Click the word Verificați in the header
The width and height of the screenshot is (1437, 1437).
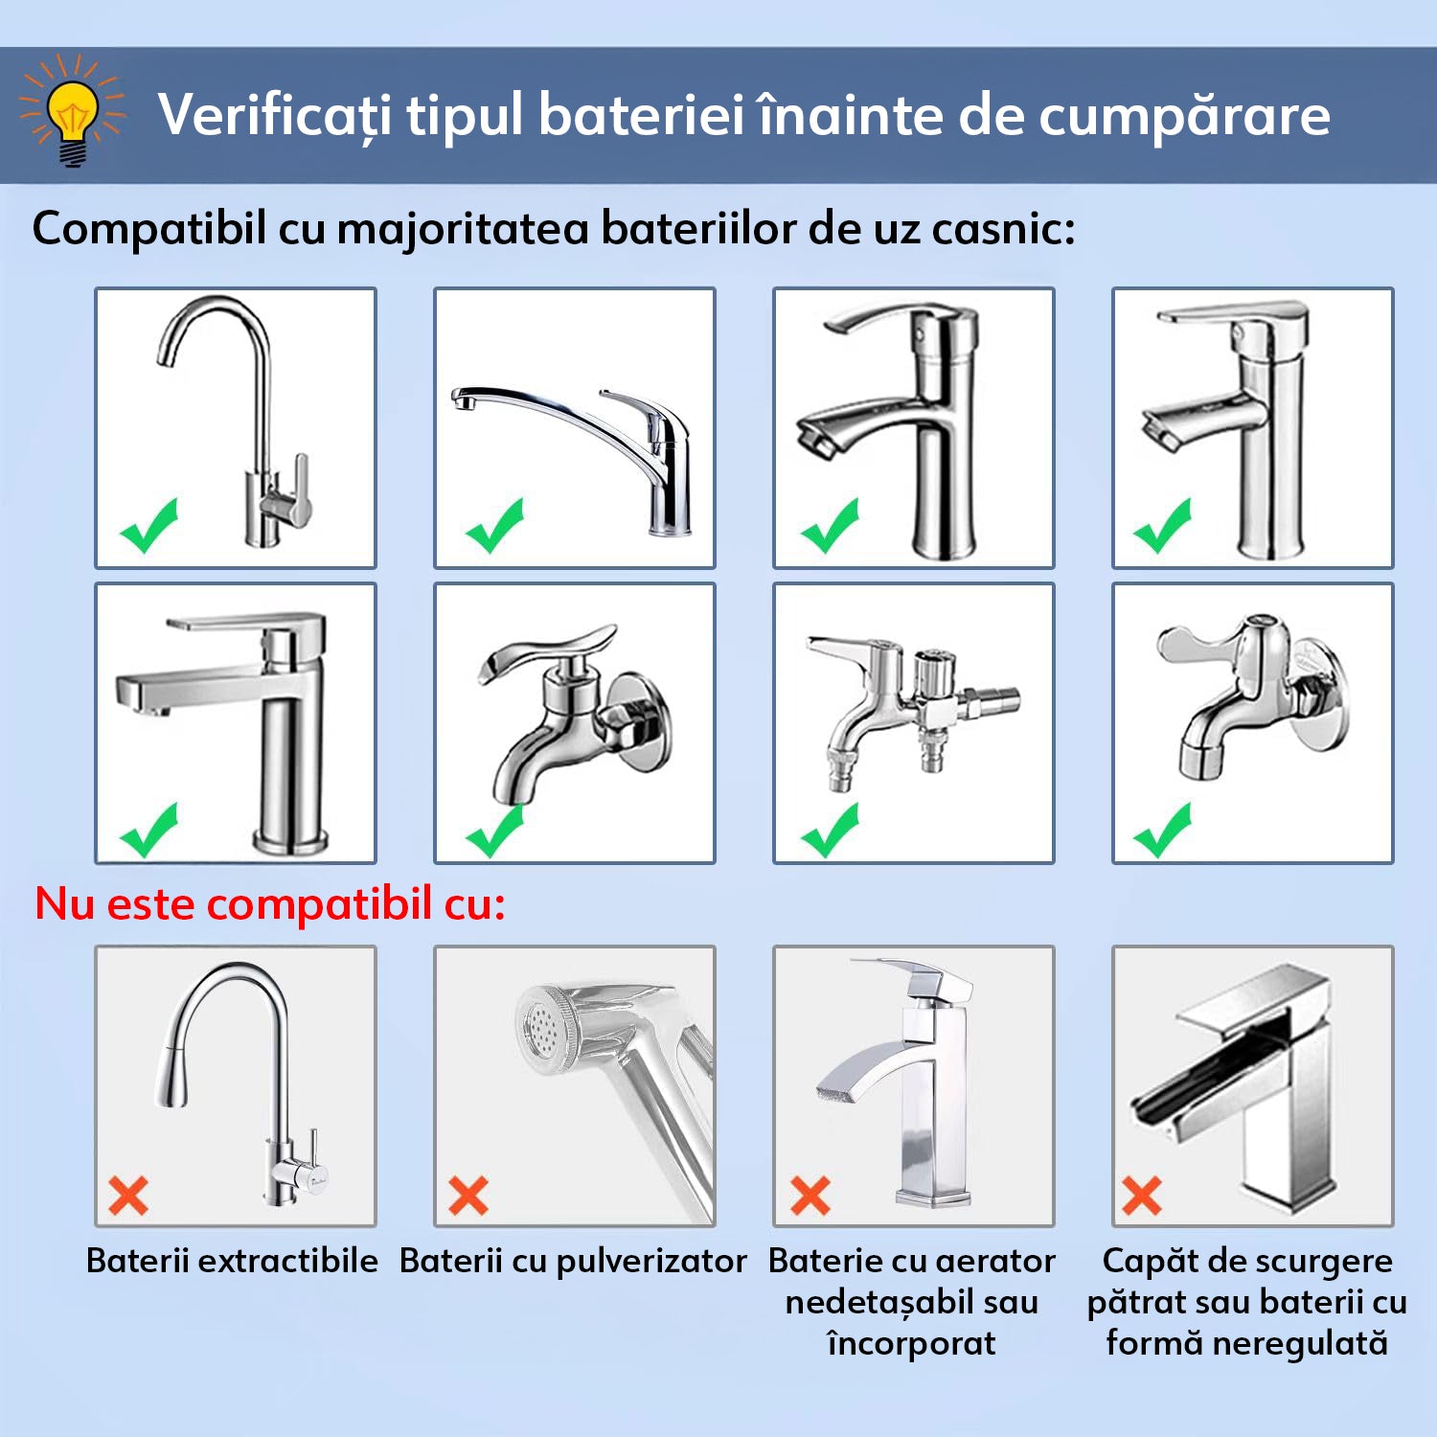[x=275, y=116]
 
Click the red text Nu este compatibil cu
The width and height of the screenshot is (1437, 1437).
[x=270, y=903]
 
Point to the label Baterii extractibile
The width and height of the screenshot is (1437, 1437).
[x=232, y=1261]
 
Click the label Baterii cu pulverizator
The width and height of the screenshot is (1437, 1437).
[x=573, y=1261]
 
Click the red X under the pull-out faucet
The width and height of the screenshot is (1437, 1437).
[x=128, y=1196]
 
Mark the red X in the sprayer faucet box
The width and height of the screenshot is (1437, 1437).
[x=468, y=1196]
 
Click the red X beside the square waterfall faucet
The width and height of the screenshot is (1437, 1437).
[x=1142, y=1196]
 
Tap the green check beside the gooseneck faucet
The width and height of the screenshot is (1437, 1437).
[x=148, y=526]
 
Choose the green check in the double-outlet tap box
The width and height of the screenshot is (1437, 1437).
[x=830, y=830]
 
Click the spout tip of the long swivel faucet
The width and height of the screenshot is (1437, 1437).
[x=464, y=399]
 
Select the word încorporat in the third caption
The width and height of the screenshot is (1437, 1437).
[x=911, y=1343]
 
